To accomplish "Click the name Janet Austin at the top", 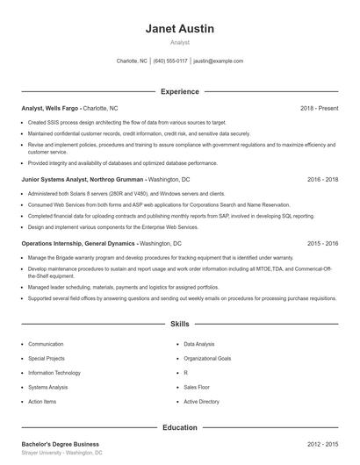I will [x=179, y=29].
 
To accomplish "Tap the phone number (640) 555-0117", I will [x=170, y=61].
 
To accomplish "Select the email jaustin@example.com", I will [x=218, y=61].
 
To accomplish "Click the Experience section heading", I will [x=179, y=91].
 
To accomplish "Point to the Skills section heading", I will [x=179, y=324].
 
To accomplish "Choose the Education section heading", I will [x=179, y=427].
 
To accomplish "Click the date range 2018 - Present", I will [x=319, y=108].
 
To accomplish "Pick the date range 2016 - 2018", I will [x=323, y=179].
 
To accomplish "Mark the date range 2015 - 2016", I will [x=323, y=243].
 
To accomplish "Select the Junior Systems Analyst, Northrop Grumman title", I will [x=83, y=179].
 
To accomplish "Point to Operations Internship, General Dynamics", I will [x=78, y=243].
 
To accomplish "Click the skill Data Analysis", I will [x=198, y=344].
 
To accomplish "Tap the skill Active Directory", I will [x=201, y=401].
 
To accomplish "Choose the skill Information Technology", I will [x=54, y=372].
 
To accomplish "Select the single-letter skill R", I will [x=185, y=372].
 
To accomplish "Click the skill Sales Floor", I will [x=197, y=387].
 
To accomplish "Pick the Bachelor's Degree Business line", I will [x=60, y=444].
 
